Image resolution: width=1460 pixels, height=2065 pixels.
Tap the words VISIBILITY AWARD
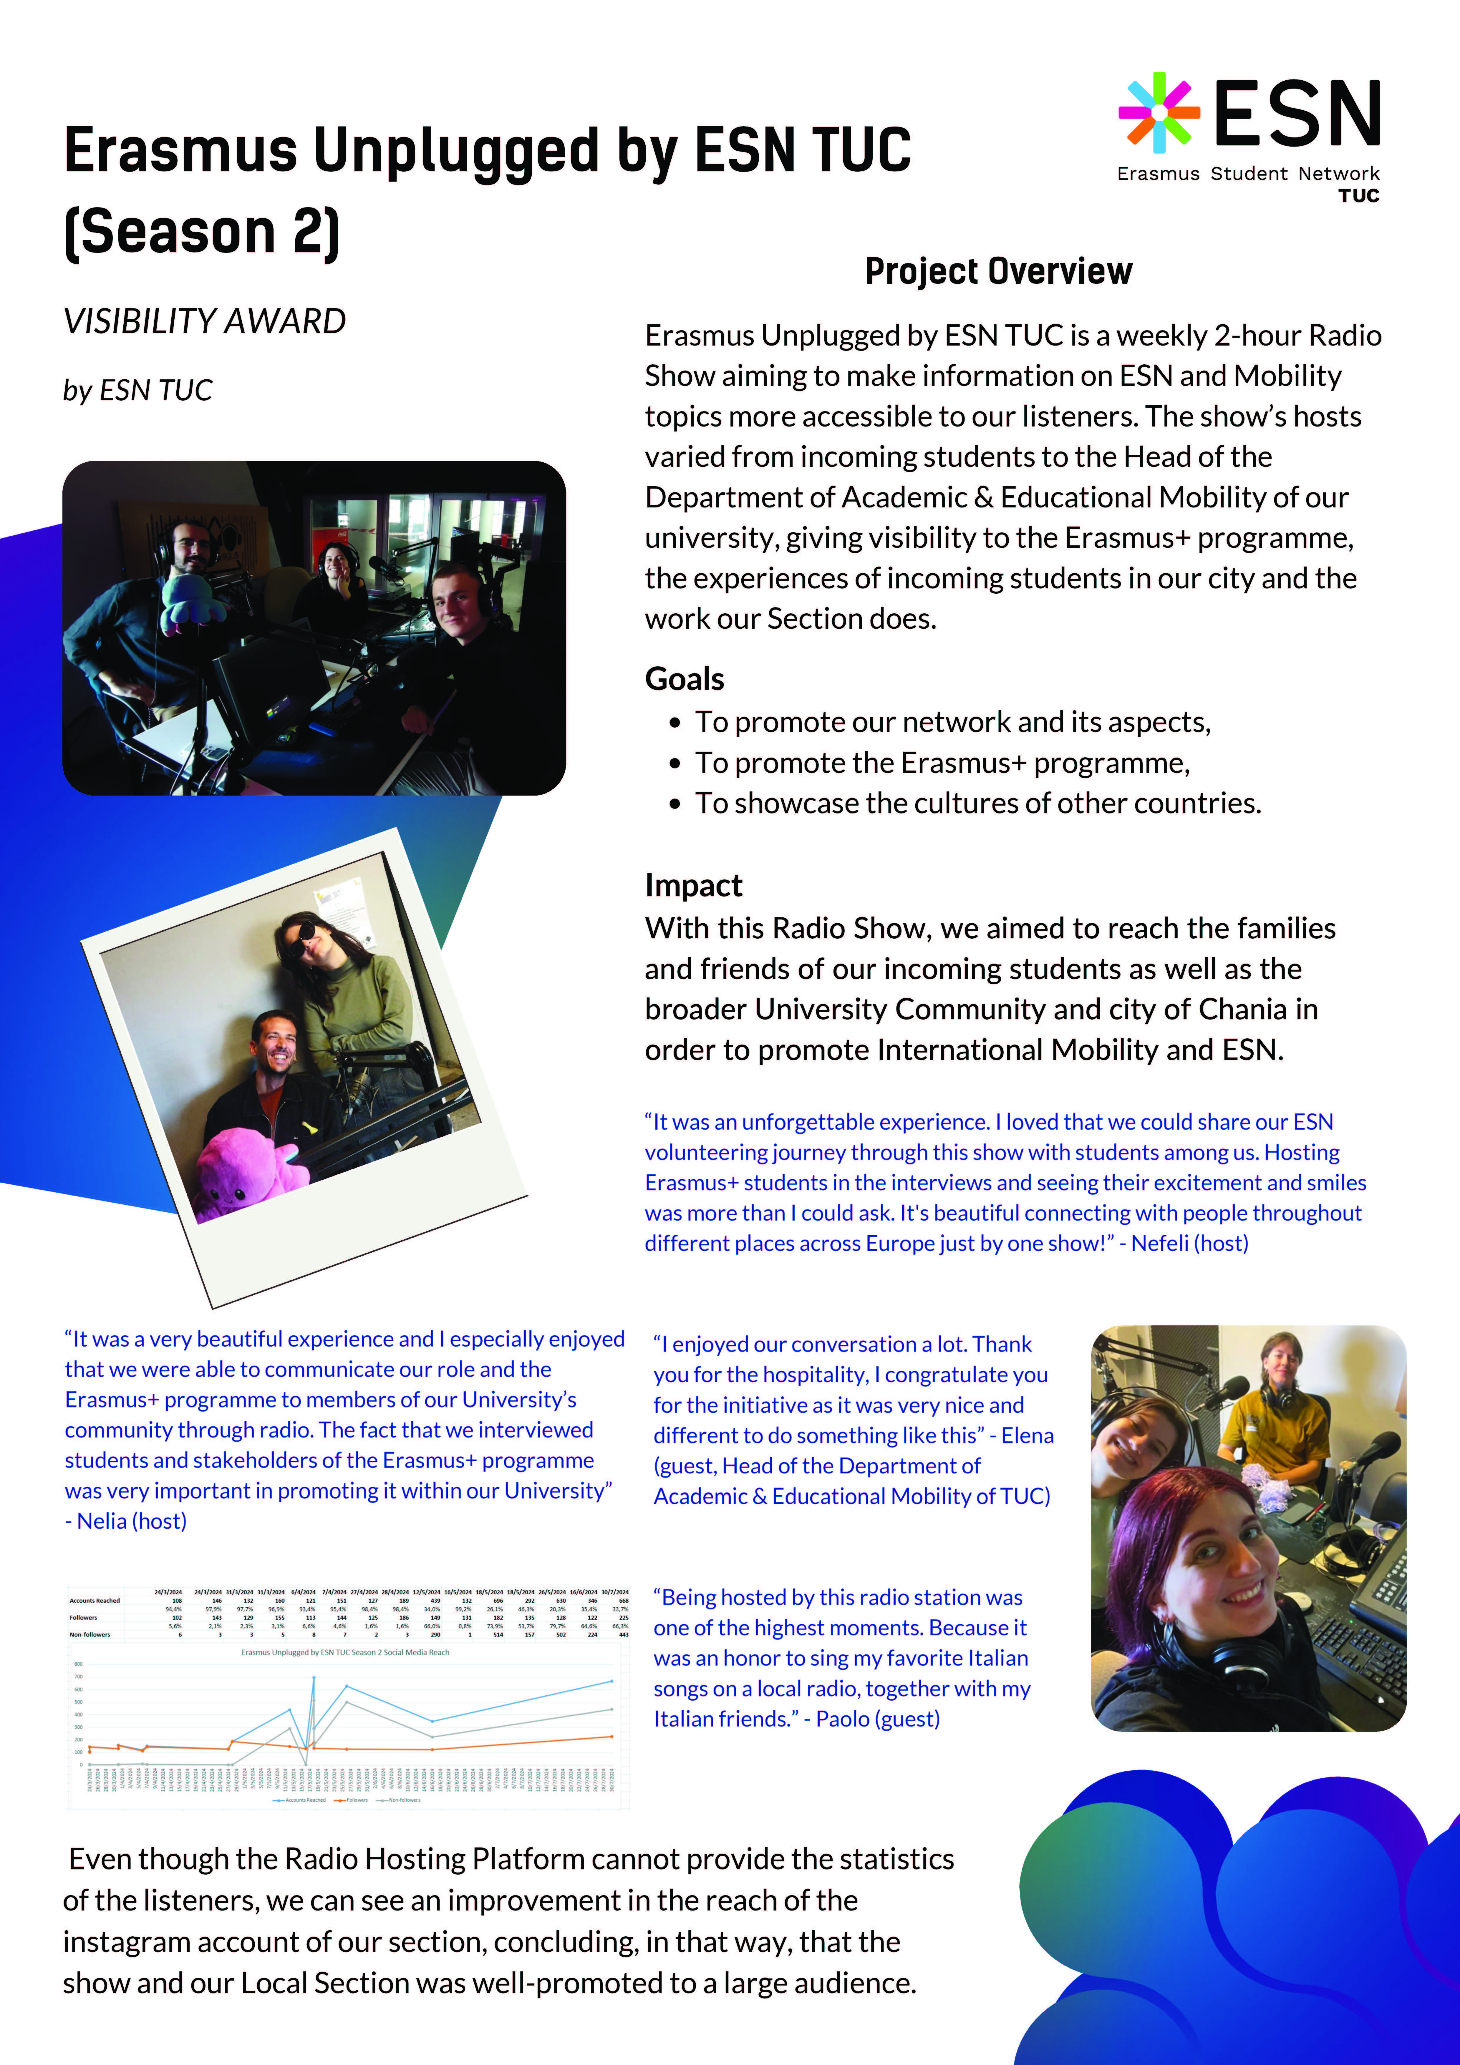point(204,321)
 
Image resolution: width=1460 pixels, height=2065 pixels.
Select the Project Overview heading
point(999,271)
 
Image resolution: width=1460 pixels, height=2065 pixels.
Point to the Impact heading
point(693,885)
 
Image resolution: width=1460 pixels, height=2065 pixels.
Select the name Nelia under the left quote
point(102,1521)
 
